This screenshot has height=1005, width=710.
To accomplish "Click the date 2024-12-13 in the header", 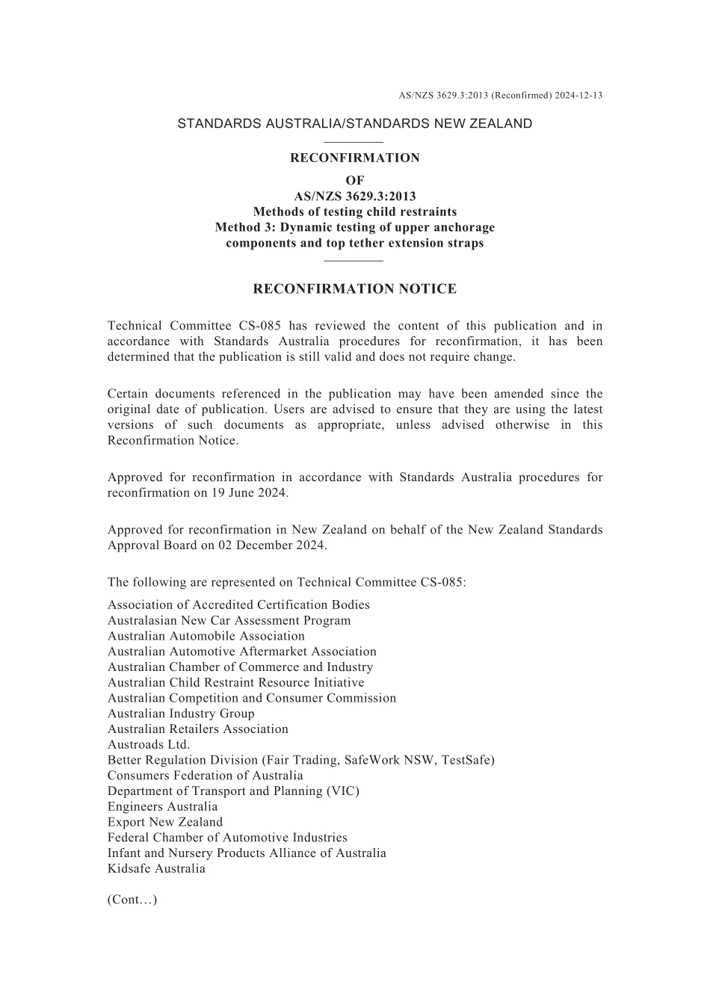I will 578,95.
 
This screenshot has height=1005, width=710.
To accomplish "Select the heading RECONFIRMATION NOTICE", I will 354,289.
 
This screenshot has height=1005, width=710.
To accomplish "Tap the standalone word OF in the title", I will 355,180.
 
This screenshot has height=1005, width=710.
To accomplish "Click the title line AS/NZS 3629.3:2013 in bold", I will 355,197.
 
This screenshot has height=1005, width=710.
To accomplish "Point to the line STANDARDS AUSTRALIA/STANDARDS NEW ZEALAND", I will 354,124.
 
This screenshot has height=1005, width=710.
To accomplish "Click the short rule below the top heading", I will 354,142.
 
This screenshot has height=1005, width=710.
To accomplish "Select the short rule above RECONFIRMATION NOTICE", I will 354,261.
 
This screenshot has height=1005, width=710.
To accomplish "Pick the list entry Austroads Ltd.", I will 149,745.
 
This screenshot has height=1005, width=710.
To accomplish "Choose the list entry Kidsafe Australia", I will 156,869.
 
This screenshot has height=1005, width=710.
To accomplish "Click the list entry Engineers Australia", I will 163,807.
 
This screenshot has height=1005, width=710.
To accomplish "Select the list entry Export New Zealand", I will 165,823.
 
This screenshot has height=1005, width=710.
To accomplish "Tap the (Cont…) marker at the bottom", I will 132,900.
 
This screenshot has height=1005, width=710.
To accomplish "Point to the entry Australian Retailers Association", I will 198,729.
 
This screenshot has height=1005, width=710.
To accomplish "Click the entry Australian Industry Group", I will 181,714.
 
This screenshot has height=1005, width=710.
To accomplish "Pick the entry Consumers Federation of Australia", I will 206,776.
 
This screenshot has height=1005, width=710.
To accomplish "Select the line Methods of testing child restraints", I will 355,212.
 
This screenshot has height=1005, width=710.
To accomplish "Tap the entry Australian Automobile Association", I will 206,637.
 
